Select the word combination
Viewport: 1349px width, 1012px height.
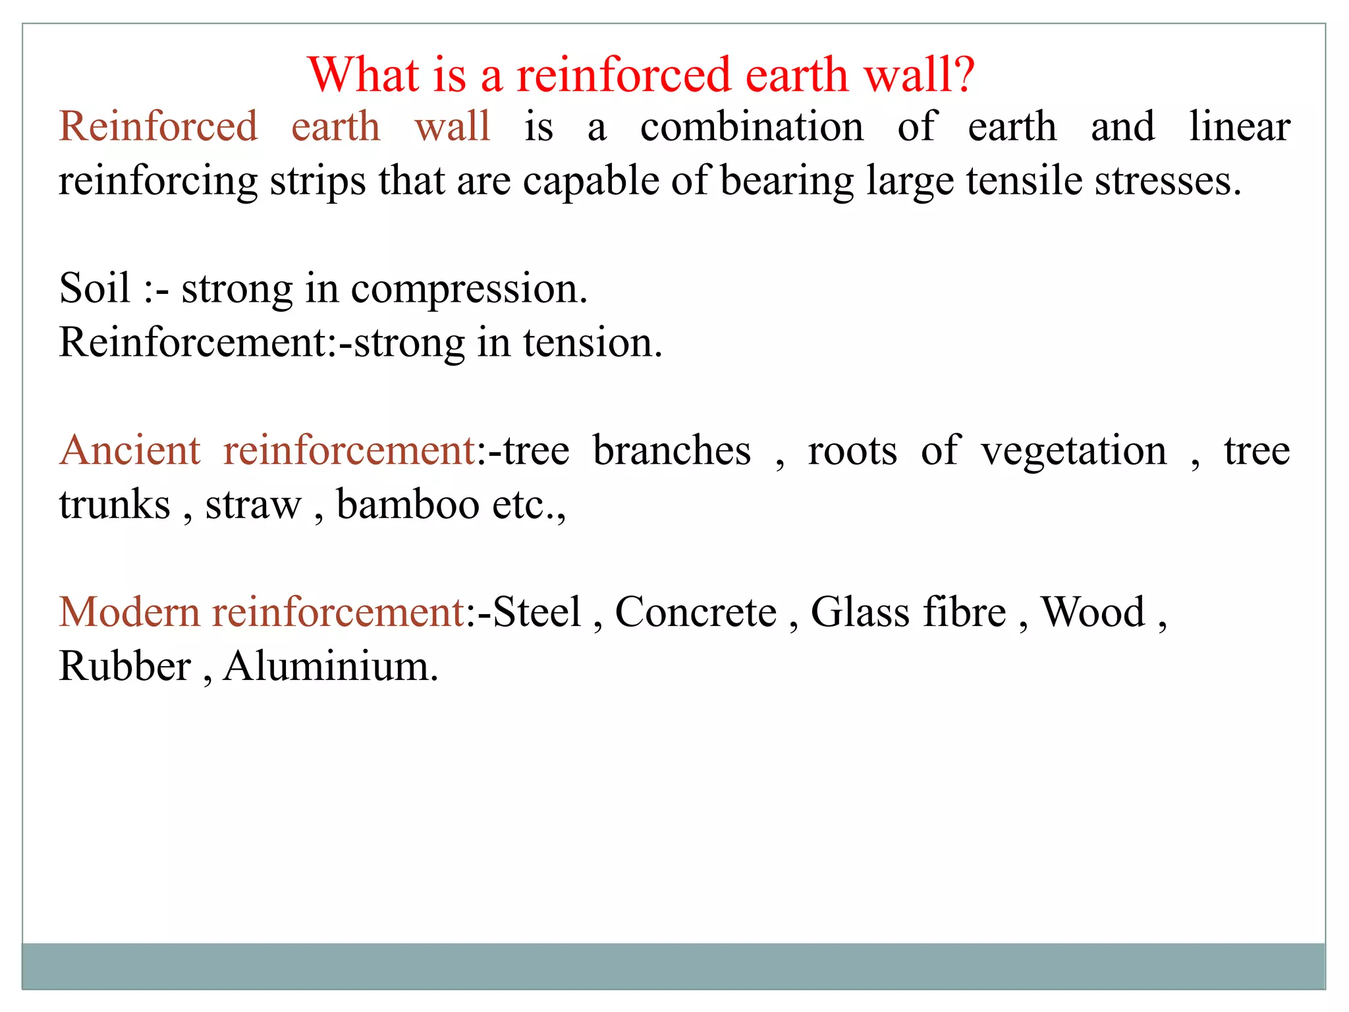(752, 126)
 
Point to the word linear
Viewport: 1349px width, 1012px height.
(1239, 126)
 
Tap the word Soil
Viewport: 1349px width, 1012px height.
(94, 288)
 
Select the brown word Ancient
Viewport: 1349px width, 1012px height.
(130, 451)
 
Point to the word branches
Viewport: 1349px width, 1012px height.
(671, 451)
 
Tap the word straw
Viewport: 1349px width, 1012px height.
(253, 506)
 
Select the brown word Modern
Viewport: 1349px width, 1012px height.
(129, 612)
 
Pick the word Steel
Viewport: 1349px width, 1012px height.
(537, 612)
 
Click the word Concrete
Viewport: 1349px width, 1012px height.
(696, 612)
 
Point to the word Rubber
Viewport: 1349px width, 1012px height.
(124, 666)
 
